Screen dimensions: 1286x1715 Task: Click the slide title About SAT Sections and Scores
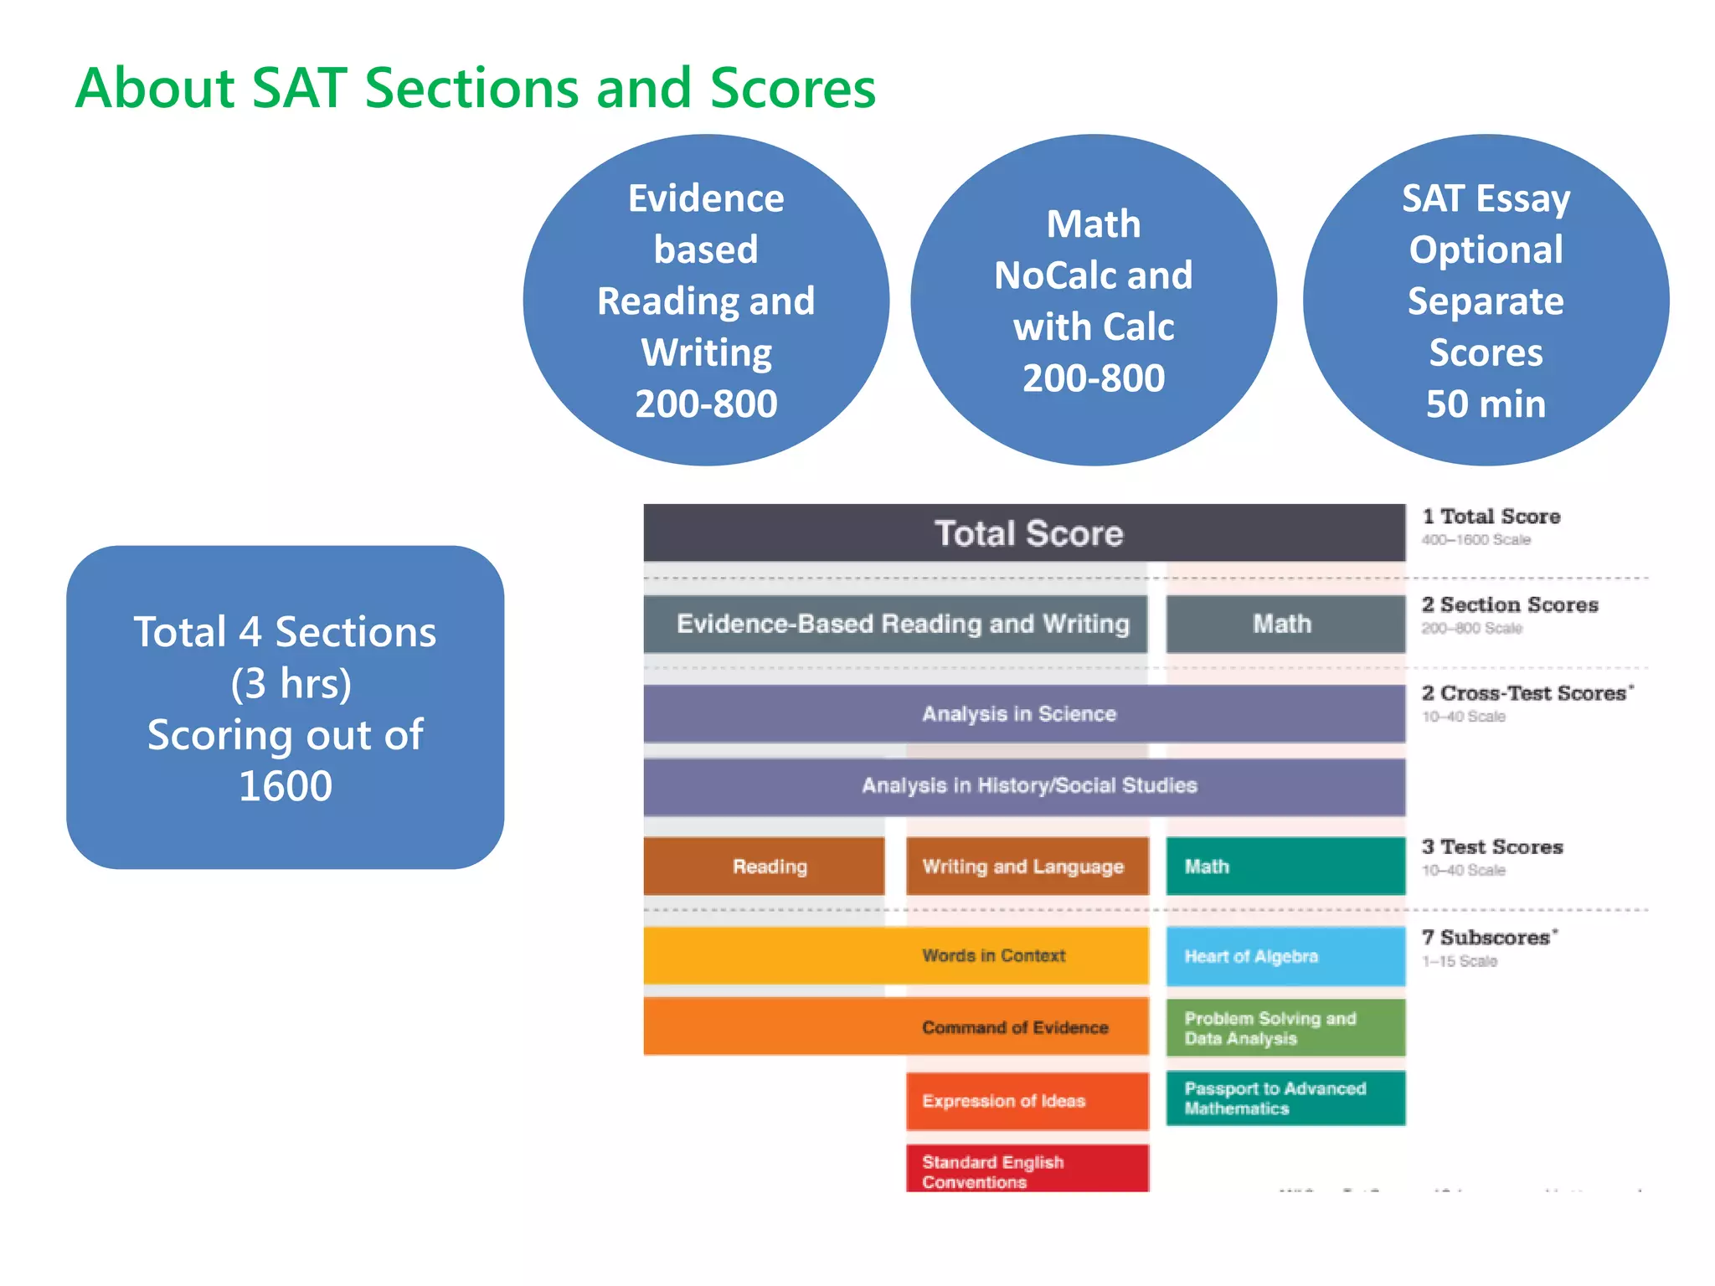coord(475,88)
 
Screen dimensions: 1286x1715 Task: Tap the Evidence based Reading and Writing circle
coord(706,301)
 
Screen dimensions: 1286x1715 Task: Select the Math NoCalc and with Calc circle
coord(1093,301)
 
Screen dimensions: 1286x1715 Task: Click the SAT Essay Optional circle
coord(1485,301)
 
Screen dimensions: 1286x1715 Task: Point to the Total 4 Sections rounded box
coord(285,707)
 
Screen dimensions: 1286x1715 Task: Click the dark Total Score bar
coord(1024,533)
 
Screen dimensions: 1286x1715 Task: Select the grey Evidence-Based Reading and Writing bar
coord(895,624)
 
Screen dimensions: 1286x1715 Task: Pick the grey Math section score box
coord(1285,624)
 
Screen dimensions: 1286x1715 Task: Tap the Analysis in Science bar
coord(1024,713)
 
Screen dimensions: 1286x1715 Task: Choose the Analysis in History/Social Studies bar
coord(1024,786)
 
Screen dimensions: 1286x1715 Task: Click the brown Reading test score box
coord(764,867)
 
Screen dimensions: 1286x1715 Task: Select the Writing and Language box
coord(1027,867)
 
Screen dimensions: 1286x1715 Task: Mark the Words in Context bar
coord(896,955)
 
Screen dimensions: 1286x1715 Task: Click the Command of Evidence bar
coord(896,1026)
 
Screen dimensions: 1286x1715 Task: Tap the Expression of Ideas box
coord(1027,1101)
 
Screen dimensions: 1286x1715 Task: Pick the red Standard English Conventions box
coord(1027,1170)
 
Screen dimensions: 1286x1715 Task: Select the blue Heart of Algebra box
coord(1285,956)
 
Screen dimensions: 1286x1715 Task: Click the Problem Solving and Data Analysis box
coord(1285,1028)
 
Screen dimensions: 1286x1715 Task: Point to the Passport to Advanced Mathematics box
coord(1285,1098)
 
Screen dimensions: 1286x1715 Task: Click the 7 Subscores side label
coord(1489,939)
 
